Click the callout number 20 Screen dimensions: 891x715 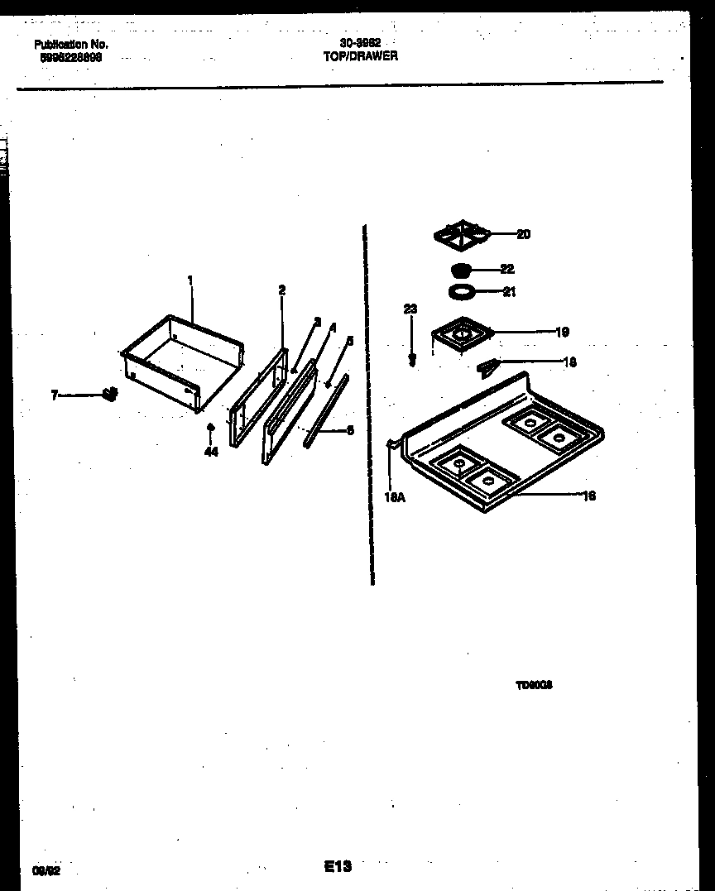[523, 234]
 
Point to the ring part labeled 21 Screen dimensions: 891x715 [460, 290]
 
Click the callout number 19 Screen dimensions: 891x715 [562, 333]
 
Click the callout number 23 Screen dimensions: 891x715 [410, 309]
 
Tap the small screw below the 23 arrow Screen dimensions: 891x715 [412, 360]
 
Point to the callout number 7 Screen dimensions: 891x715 [55, 395]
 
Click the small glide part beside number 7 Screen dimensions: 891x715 [108, 395]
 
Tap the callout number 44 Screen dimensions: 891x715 [211, 452]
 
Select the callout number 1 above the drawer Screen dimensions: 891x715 [190, 281]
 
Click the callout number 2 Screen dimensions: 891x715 [282, 290]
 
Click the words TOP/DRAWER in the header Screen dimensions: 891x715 [360, 56]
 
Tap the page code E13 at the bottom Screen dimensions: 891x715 [338, 866]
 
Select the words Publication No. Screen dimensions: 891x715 [71, 45]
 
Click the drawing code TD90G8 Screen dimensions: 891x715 [535, 685]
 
